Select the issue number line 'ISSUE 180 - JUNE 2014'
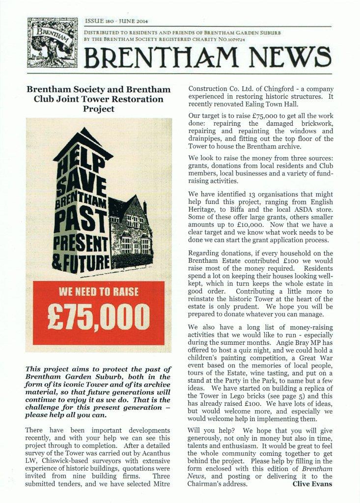pos(117,22)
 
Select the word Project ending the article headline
pos(99,109)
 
